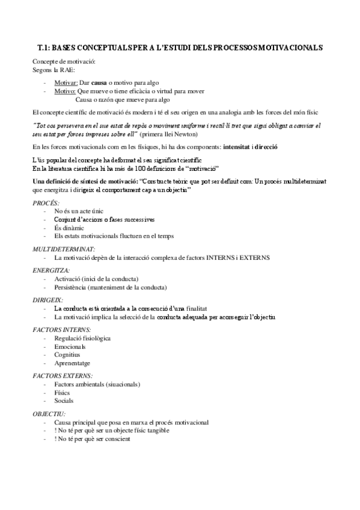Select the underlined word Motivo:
pyautogui.click(x=65, y=91)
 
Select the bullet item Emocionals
pyautogui.click(x=70, y=347)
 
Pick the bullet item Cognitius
pyautogui.click(x=68, y=355)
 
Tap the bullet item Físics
pyautogui.click(x=63, y=392)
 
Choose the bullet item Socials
pyautogui.click(x=63, y=401)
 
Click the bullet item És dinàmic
pyautogui.click(x=68, y=229)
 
